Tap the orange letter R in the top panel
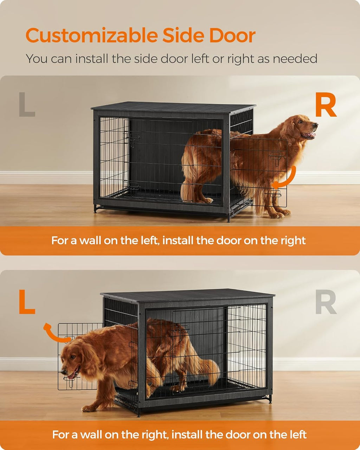pos(326,105)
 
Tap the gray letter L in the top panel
pos(27,104)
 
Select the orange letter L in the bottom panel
pos(27,302)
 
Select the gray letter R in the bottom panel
pos(326,302)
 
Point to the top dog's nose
pos(315,124)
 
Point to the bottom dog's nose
pos(63,372)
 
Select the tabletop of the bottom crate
pos(186,295)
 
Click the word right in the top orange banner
pos(293,240)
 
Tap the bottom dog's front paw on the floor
pos(90,408)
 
